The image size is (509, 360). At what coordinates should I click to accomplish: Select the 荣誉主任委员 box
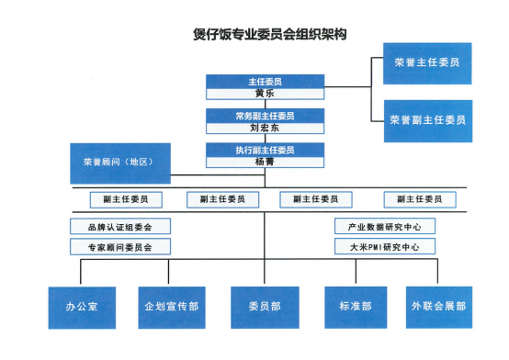pos(427,64)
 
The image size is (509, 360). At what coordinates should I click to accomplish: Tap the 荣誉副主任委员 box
pos(427,119)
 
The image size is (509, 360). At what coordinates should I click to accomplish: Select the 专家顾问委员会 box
pos(119,246)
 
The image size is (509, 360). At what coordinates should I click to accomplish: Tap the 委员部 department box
pos(264,308)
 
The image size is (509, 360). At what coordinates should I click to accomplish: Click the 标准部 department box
pos(355,308)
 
